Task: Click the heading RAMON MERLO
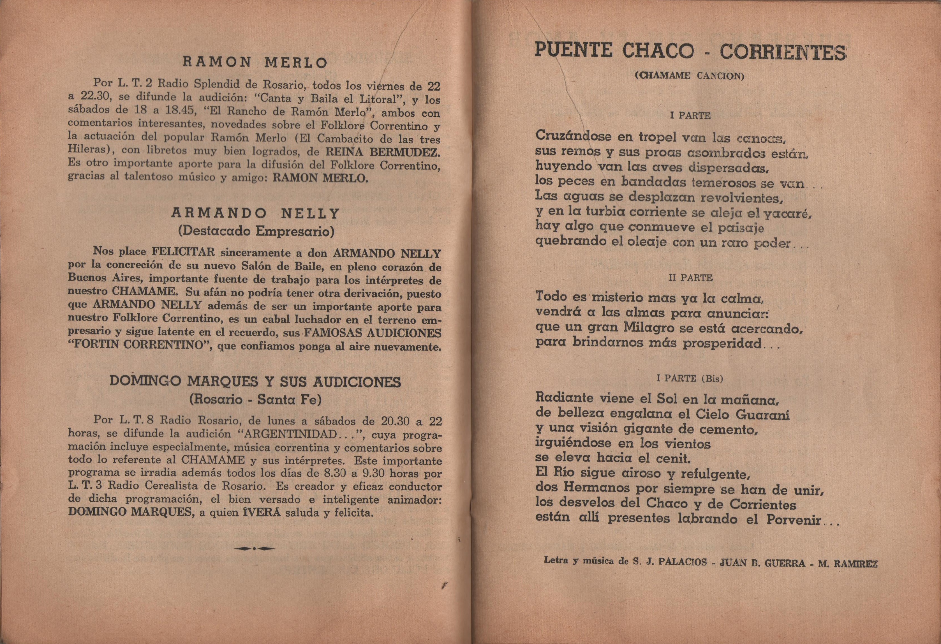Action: click(x=255, y=62)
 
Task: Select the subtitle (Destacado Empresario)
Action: click(x=256, y=231)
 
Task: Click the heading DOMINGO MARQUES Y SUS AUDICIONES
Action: click(x=255, y=382)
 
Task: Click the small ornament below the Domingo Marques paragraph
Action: click(x=254, y=549)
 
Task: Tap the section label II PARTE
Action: click(x=690, y=278)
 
